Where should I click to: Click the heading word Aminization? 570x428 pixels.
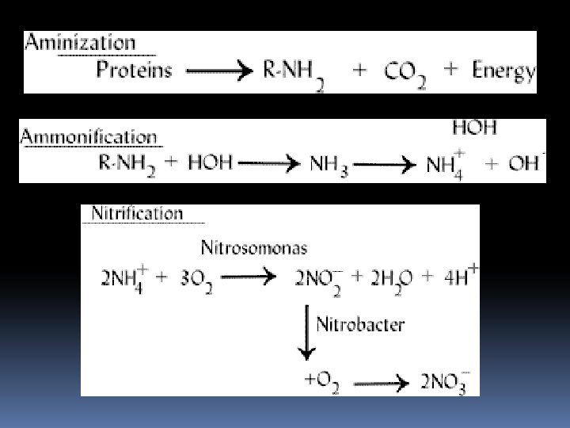[x=80, y=44]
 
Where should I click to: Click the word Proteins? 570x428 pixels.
[x=134, y=71]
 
